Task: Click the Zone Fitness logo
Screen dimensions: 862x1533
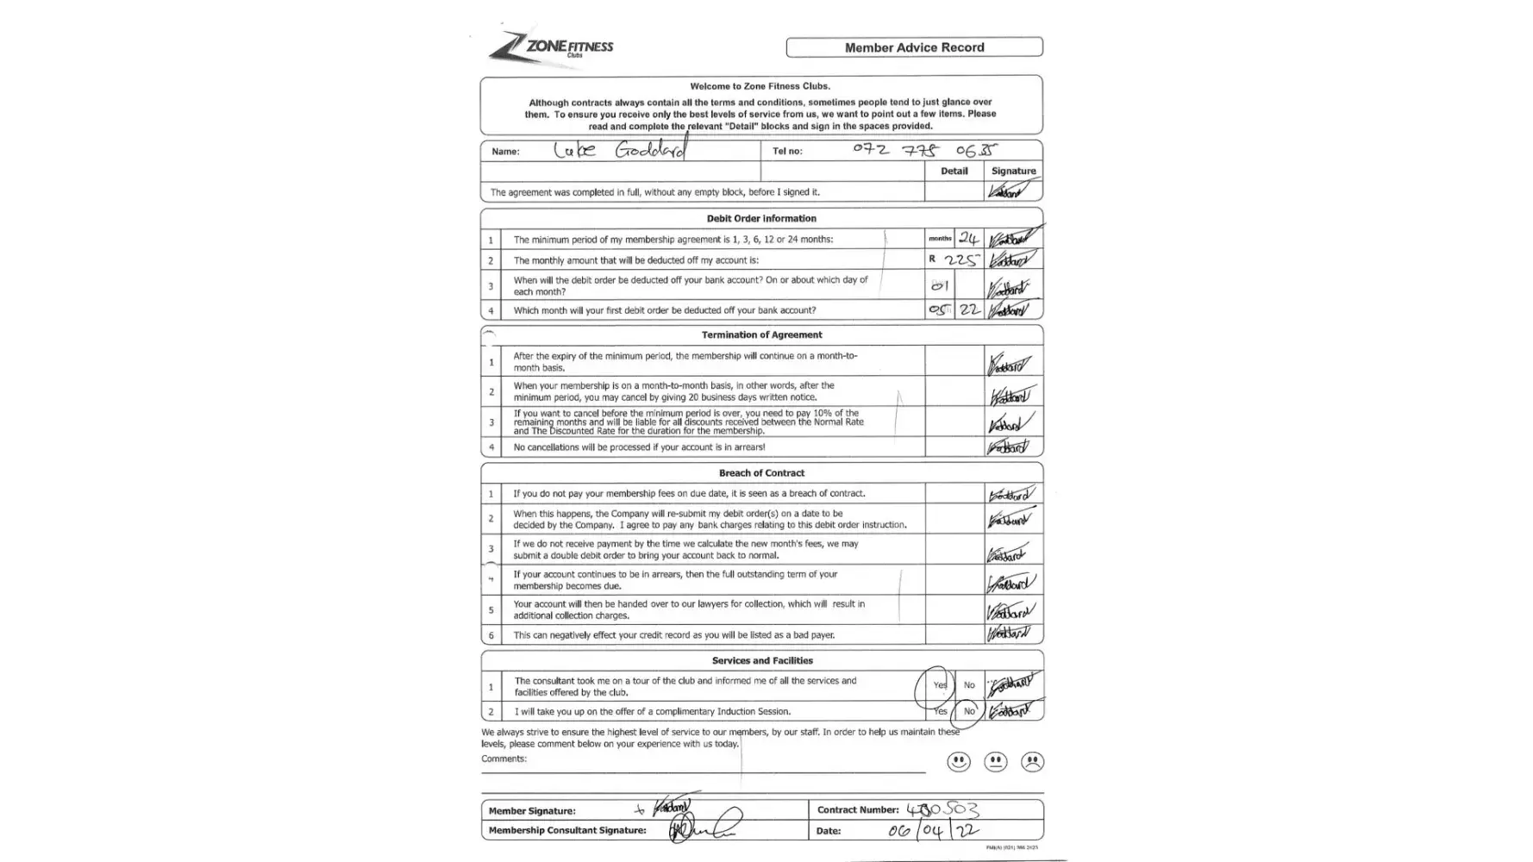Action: [552, 47]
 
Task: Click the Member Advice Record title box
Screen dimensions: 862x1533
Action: [914, 47]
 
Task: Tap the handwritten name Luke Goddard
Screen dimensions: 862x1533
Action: [620, 150]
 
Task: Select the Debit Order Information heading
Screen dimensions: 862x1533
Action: [761, 218]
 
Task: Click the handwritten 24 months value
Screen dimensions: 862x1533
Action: [968, 239]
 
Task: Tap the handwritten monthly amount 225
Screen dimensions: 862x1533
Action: [960, 259]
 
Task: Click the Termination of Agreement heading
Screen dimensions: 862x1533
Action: [761, 334]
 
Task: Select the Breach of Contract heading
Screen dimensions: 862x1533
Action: [761, 473]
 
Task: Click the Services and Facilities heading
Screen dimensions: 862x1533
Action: [761, 661]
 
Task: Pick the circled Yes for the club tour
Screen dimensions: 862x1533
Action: [938, 685]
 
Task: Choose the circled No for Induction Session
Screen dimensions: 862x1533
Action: [969, 711]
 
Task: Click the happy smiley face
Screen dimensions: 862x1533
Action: [959, 762]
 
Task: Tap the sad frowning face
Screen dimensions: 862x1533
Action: [1032, 762]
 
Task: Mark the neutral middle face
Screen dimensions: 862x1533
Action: [996, 762]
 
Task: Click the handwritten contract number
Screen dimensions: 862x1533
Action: [942, 809]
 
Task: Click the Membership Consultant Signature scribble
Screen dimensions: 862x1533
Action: [703, 829]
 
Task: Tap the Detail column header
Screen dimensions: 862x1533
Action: [954, 171]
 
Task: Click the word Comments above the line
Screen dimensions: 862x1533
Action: [504, 759]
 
